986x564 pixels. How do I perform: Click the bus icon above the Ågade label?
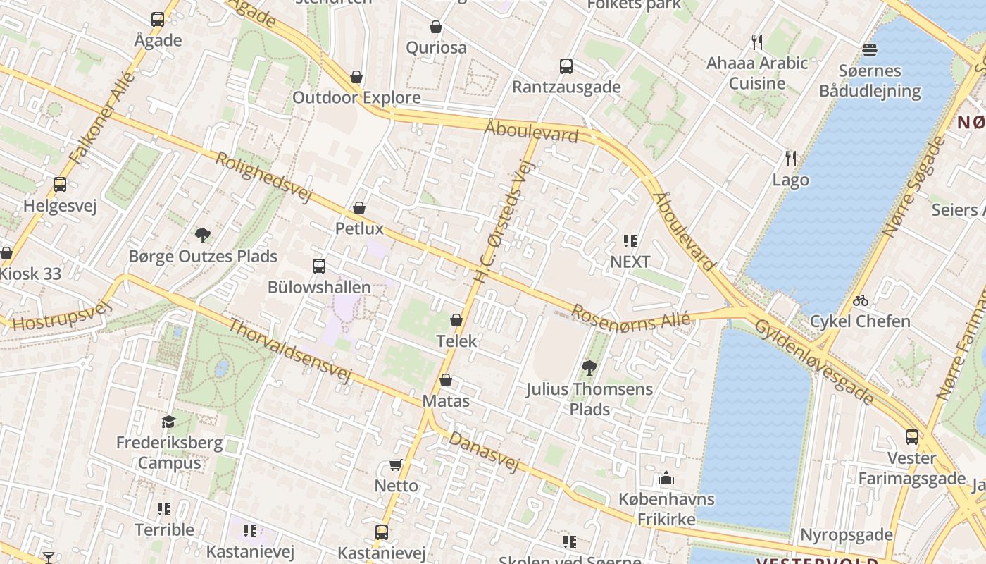[x=158, y=20]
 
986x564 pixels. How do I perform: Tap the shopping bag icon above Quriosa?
[x=436, y=27]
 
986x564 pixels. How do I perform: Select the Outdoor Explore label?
[x=356, y=97]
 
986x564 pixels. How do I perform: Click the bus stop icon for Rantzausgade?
[x=566, y=66]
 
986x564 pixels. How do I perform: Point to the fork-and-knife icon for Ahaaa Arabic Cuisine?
[x=757, y=42]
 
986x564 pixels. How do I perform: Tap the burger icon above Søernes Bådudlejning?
[x=870, y=50]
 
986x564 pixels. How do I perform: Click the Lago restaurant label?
[x=790, y=180]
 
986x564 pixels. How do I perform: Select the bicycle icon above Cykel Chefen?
[x=860, y=300]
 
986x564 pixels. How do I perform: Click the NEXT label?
[x=630, y=262]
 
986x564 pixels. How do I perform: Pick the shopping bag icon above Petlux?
[x=359, y=208]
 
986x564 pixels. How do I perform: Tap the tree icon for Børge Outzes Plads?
[x=203, y=235]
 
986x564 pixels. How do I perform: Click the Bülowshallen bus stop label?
[x=319, y=287]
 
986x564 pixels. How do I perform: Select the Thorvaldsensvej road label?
[x=289, y=350]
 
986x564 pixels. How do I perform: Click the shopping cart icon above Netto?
[x=396, y=465]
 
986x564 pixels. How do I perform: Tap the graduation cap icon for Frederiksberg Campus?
[x=168, y=422]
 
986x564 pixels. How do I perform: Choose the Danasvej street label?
[x=485, y=451]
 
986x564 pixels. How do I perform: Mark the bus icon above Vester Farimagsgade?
[x=912, y=437]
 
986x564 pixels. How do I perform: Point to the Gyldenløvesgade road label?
[x=814, y=362]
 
